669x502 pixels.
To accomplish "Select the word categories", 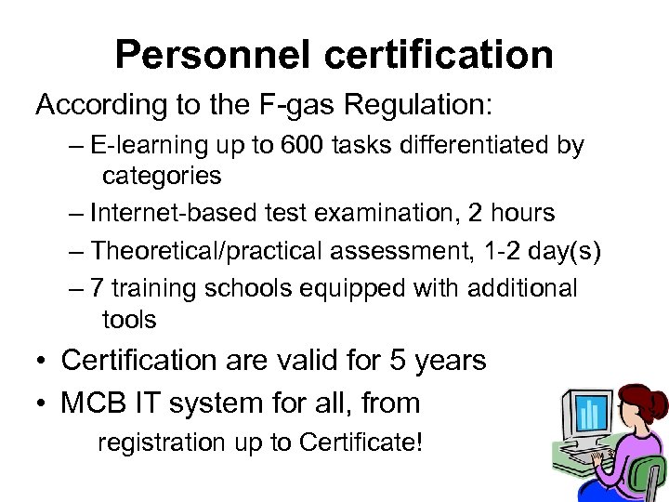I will (x=162, y=176).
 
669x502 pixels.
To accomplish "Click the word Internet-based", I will (x=165, y=213).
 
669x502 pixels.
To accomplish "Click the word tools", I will (x=129, y=320).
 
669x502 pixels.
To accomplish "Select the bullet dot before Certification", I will (x=43, y=361).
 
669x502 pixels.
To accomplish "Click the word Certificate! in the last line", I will (x=361, y=443).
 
